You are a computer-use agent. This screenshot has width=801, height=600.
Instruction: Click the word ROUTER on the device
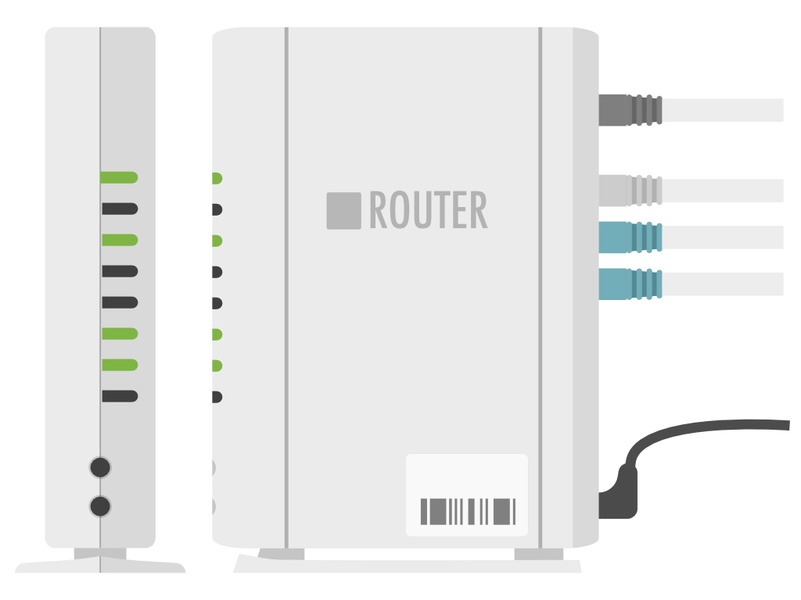pos(428,211)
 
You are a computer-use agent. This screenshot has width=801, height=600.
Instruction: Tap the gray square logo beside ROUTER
pos(343,211)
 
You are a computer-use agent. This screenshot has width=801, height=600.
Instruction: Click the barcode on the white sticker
pos(468,511)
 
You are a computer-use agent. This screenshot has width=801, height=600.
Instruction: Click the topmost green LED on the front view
pos(119,177)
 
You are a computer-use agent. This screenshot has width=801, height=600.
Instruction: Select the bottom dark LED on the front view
pos(120,396)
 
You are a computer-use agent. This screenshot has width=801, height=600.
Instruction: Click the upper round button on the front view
pos(100,467)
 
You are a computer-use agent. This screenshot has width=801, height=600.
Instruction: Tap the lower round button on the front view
pos(100,505)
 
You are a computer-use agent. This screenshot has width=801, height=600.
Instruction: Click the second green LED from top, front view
pos(120,240)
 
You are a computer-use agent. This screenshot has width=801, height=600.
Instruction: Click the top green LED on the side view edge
pos(217,178)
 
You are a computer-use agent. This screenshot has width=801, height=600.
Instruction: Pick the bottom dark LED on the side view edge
pos(217,397)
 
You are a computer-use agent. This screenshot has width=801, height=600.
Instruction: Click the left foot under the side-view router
pos(282,554)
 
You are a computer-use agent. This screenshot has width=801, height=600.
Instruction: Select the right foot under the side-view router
pos(538,554)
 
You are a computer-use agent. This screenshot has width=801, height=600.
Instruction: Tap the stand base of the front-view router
pos(100,564)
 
